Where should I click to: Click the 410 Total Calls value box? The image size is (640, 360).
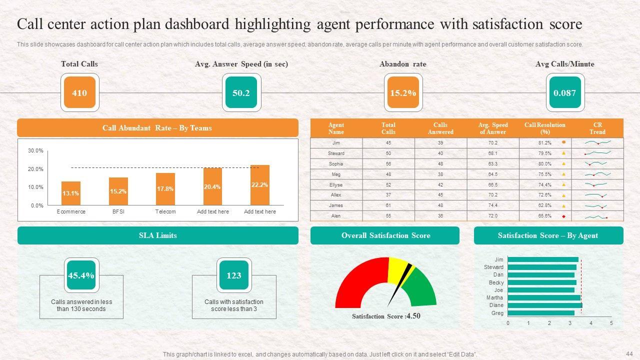pos(79,92)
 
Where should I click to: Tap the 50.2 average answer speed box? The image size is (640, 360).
pos(241,92)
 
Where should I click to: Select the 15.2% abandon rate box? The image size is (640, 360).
pos(402,92)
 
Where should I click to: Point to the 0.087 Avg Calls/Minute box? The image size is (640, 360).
pos(564,92)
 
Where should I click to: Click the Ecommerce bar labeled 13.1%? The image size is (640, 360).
pos(71,193)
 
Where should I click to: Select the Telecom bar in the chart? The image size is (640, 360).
pos(165,189)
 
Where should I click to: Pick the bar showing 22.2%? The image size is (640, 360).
pos(260,185)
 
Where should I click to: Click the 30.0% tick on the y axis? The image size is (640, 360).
pos(35,151)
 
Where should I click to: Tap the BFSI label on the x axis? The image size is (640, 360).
pos(118,211)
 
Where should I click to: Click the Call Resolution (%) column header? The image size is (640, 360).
pos(544,128)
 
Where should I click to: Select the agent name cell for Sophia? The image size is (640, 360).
pos(336,164)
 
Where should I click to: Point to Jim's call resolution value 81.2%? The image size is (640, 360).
pos(545,143)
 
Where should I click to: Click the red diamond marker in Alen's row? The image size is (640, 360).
pos(563,216)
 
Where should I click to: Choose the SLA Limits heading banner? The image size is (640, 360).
pos(158,235)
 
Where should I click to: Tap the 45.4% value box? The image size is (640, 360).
pos(81,275)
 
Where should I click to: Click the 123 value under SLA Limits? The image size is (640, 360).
pos(233,275)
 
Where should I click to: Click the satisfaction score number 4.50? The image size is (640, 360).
pos(413,316)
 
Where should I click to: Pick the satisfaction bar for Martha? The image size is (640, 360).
pos(543,298)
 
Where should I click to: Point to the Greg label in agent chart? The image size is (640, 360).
pos(497,313)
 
